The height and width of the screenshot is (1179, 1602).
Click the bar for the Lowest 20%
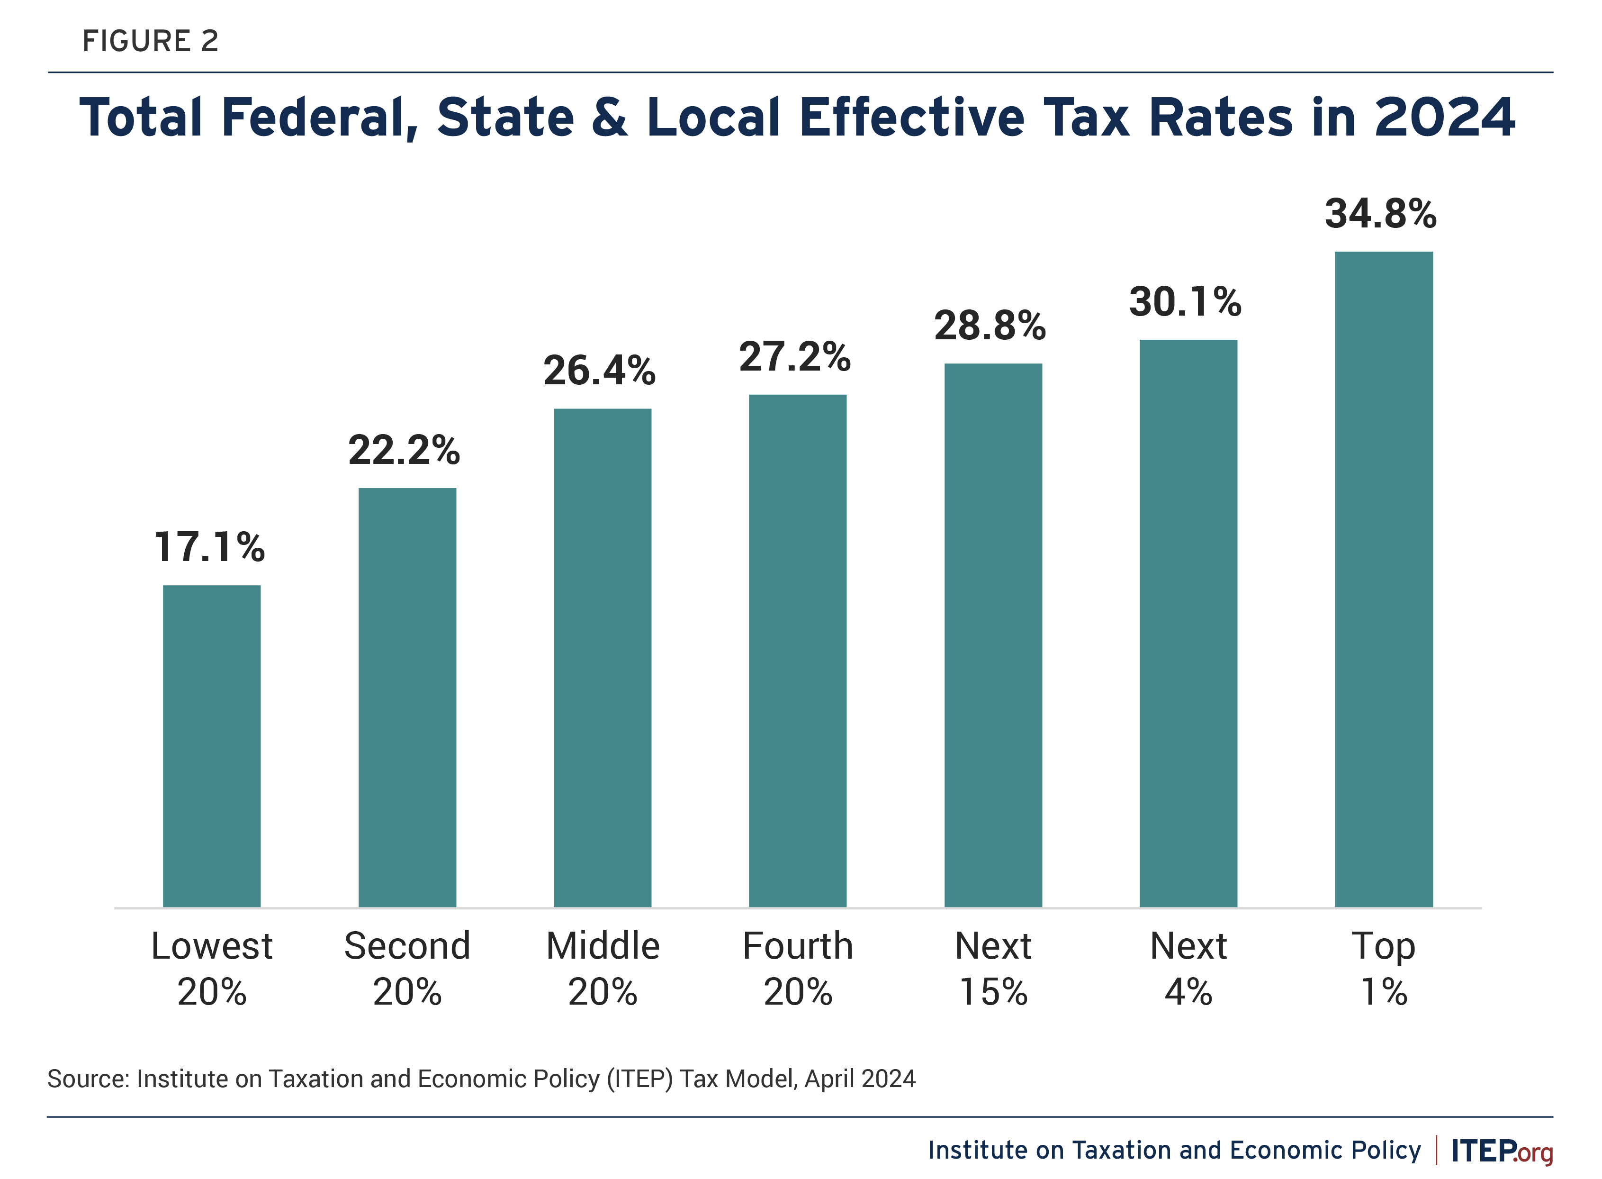tap(212, 746)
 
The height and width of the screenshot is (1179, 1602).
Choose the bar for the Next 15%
tap(993, 635)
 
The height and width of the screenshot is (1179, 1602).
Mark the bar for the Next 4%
tap(1188, 623)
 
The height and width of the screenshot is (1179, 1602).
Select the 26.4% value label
tap(600, 371)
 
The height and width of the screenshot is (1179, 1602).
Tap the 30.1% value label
tap(1186, 301)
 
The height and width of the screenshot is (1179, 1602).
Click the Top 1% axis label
tap(1384, 969)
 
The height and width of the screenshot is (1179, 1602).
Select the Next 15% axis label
tap(993, 969)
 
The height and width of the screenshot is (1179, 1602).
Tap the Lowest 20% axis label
tap(212, 969)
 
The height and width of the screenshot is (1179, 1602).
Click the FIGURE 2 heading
tap(151, 41)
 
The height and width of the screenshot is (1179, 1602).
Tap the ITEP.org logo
tap(1502, 1151)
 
